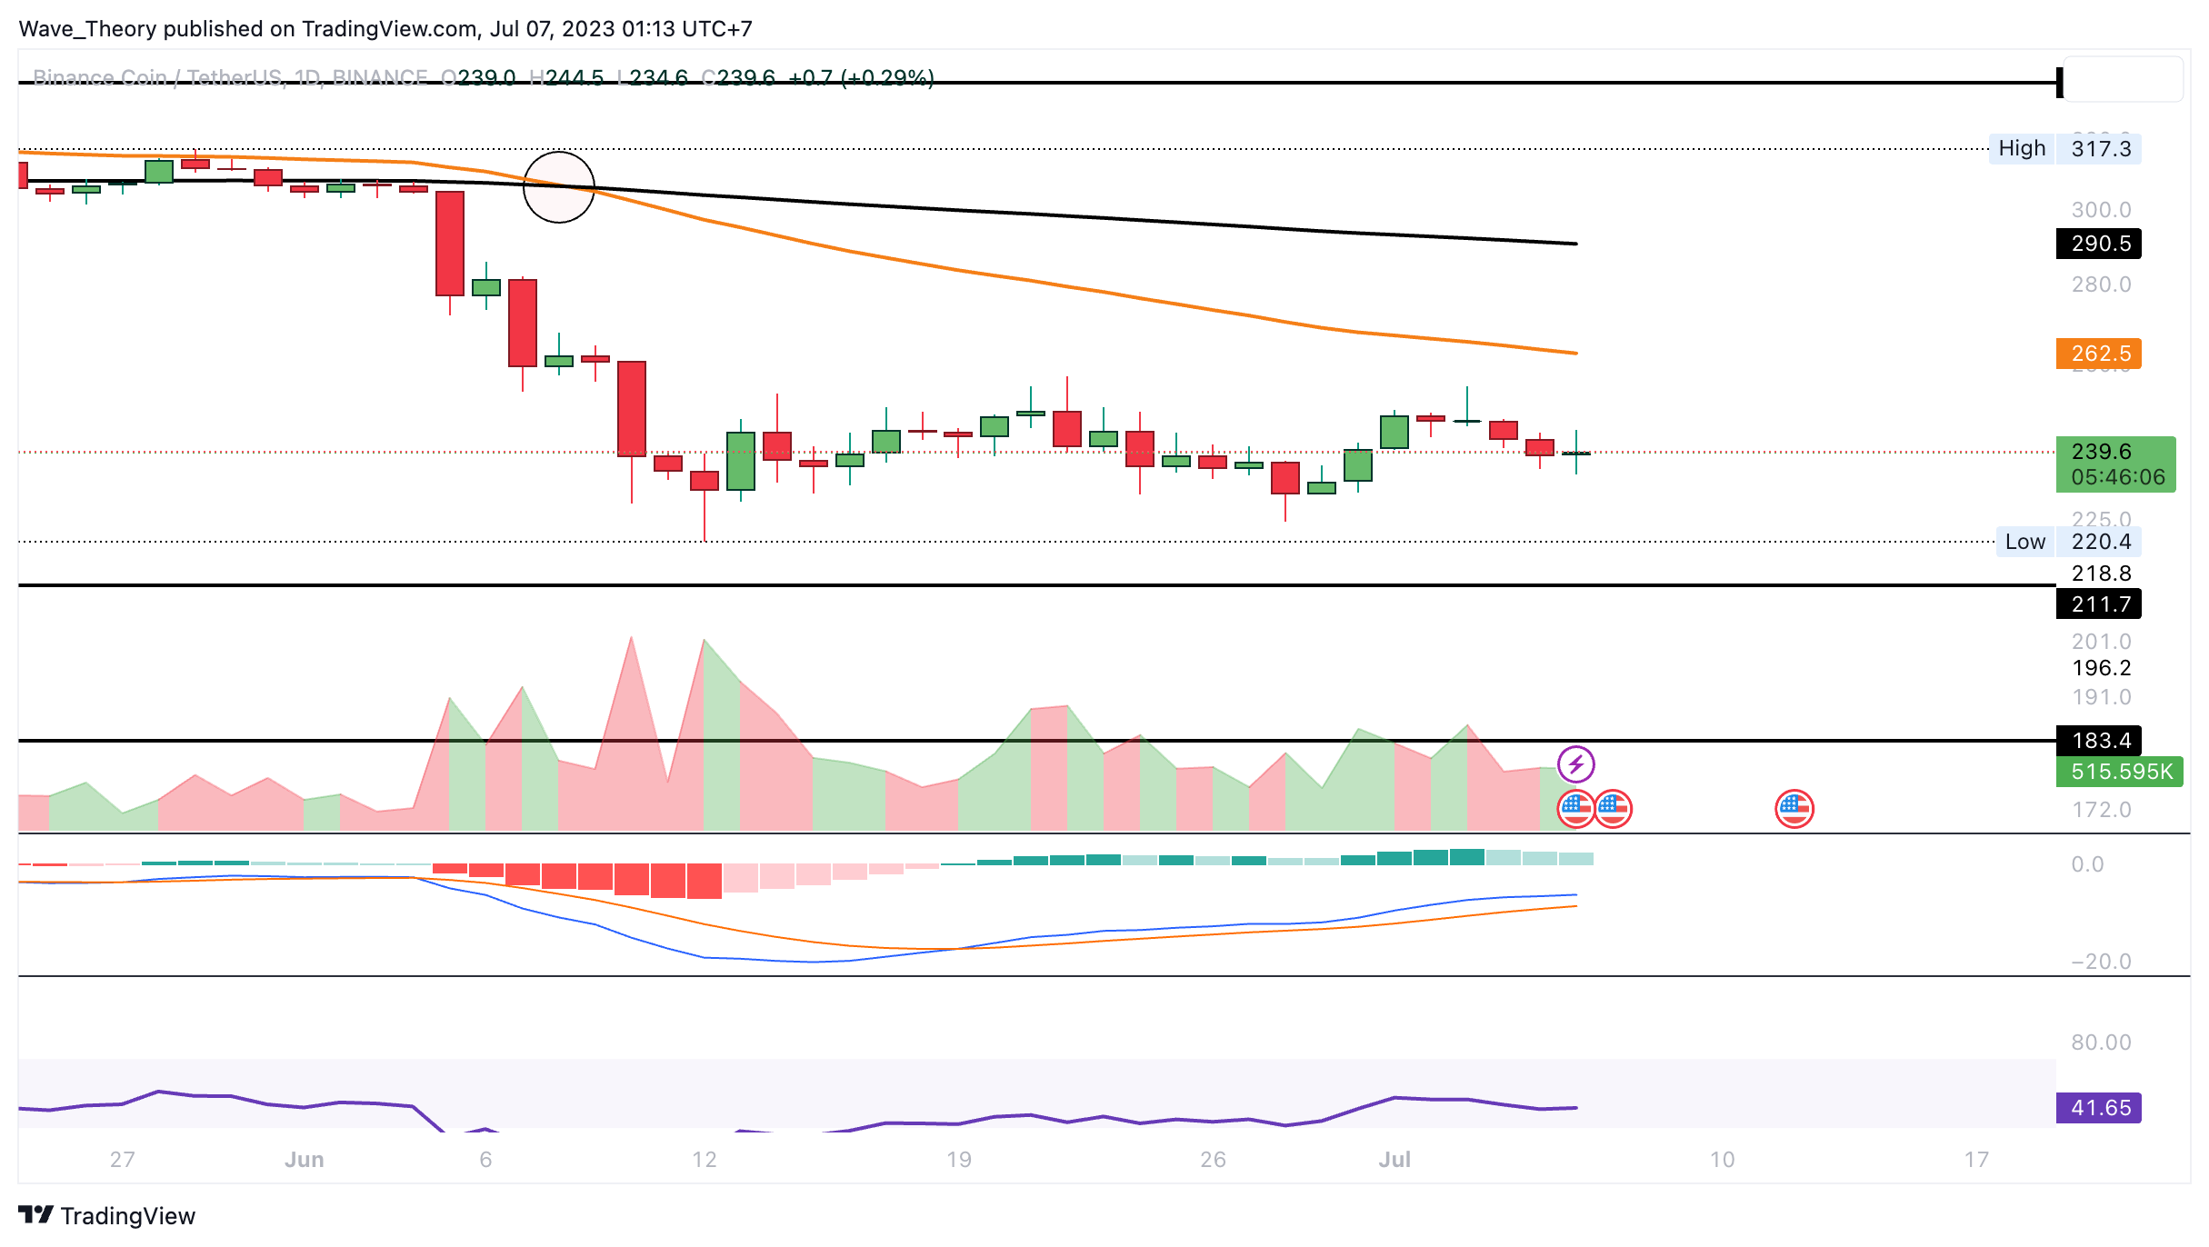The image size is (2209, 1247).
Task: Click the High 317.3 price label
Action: click(2064, 149)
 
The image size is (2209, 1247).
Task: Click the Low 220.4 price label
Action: click(2067, 542)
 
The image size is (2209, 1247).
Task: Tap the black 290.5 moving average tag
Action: click(2098, 244)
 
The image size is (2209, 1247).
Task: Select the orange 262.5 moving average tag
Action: click(2098, 354)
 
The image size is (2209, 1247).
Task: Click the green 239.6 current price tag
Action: click(2114, 464)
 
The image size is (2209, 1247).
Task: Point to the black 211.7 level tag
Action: click(2098, 604)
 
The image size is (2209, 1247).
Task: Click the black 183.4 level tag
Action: click(2098, 741)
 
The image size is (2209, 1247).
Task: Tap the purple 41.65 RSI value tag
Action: click(2098, 1108)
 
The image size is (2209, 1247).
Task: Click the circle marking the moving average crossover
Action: click(559, 187)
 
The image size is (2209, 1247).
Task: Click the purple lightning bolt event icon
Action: click(1575, 764)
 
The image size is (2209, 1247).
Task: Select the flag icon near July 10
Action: click(1794, 809)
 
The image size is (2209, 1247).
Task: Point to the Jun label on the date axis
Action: click(304, 1160)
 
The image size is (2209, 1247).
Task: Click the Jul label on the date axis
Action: click(1394, 1160)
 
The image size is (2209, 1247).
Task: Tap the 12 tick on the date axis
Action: click(704, 1160)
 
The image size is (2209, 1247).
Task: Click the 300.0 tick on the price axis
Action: click(2100, 210)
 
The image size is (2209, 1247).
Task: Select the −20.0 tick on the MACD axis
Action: click(2100, 962)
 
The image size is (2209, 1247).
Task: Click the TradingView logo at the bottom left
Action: click(106, 1216)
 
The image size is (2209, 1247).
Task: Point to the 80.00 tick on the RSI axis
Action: click(2100, 1042)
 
